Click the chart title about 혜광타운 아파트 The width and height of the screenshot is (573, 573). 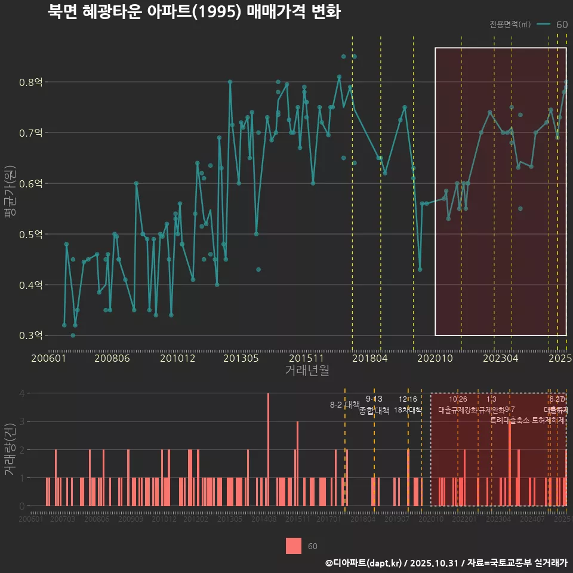point(194,12)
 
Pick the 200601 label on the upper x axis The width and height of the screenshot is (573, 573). point(48,358)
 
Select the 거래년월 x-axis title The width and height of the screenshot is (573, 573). point(307,371)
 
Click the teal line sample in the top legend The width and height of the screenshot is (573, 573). point(543,24)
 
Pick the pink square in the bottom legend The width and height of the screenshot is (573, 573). point(294,546)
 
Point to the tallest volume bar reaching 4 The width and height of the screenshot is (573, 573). point(268,449)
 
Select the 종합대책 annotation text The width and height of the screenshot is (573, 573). point(374,411)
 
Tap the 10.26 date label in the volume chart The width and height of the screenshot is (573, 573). point(458,399)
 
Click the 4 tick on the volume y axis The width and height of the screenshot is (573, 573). point(21,393)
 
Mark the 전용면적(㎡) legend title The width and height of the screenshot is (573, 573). point(510,24)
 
